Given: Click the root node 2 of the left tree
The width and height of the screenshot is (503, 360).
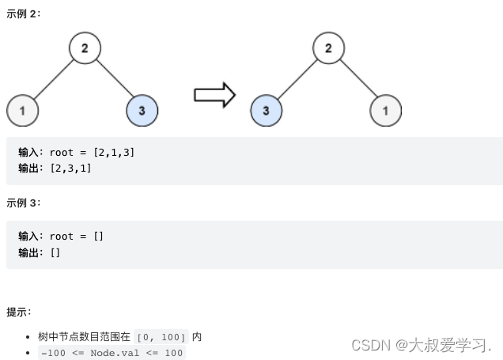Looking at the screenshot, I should pyautogui.click(x=85, y=48).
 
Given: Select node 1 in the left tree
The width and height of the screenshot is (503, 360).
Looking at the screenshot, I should pyautogui.click(x=23, y=110).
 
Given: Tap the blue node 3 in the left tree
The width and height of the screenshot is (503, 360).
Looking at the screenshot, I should pyautogui.click(x=142, y=110).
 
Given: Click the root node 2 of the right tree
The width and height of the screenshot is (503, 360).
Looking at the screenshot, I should pyautogui.click(x=328, y=48).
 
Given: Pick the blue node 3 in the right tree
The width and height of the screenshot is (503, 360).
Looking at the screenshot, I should pyautogui.click(x=267, y=110).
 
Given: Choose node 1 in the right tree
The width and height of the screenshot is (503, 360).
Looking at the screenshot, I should pyautogui.click(x=385, y=110).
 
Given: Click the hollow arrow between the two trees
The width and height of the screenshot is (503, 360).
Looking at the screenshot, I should pyautogui.click(x=214, y=95).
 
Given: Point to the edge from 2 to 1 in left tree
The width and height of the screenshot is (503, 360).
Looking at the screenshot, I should pyautogui.click(x=54, y=79).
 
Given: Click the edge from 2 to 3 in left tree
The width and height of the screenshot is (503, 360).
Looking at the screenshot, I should pyautogui.click(x=114, y=80).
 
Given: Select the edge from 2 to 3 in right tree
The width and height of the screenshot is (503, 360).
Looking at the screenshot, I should pyautogui.click(x=297, y=79).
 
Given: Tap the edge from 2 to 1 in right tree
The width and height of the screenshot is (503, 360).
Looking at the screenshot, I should pyautogui.click(x=357, y=80).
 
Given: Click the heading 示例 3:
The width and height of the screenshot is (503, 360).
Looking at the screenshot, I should pyautogui.click(x=23, y=203).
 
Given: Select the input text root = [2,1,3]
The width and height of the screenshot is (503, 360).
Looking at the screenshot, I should pyautogui.click(x=92, y=152).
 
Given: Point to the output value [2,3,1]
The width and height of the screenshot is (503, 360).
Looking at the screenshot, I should pyautogui.click(x=70, y=169).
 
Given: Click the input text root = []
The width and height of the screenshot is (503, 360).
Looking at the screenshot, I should pyautogui.click(x=77, y=236).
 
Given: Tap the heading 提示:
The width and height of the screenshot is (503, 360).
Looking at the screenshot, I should pyautogui.click(x=19, y=312).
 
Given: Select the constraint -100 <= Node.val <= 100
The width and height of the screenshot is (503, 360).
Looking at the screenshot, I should pyautogui.click(x=112, y=353).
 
